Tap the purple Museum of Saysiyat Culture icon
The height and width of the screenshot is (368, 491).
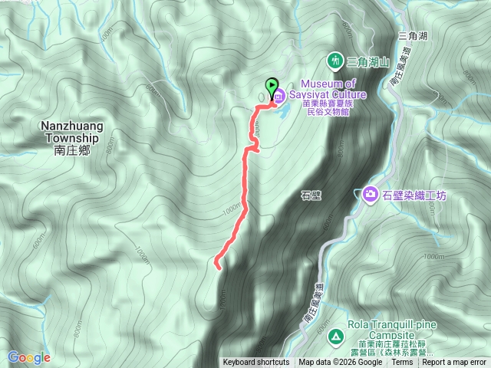point(278,97)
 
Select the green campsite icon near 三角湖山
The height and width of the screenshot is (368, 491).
point(335,60)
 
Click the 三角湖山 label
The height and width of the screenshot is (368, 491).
point(369,61)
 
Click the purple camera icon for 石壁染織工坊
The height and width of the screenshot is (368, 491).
point(369,195)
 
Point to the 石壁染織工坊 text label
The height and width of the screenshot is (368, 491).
point(414,195)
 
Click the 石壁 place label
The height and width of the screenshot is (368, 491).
point(311,195)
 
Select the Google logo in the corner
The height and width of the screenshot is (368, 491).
point(28,357)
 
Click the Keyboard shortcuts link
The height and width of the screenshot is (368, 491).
point(256,363)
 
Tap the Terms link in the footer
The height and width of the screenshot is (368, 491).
point(402,363)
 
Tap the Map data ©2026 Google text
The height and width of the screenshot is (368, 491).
point(340,363)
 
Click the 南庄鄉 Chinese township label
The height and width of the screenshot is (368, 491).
point(72,151)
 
